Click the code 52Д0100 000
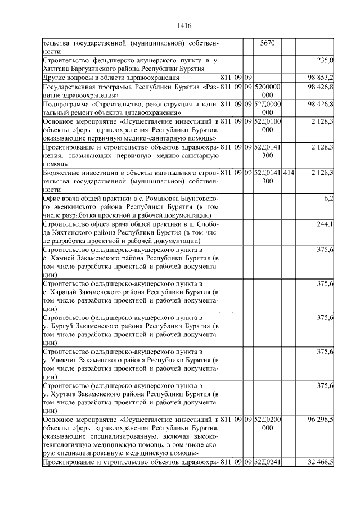coord(267,126)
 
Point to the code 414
coord(288,172)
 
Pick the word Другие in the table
coord(55,77)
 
